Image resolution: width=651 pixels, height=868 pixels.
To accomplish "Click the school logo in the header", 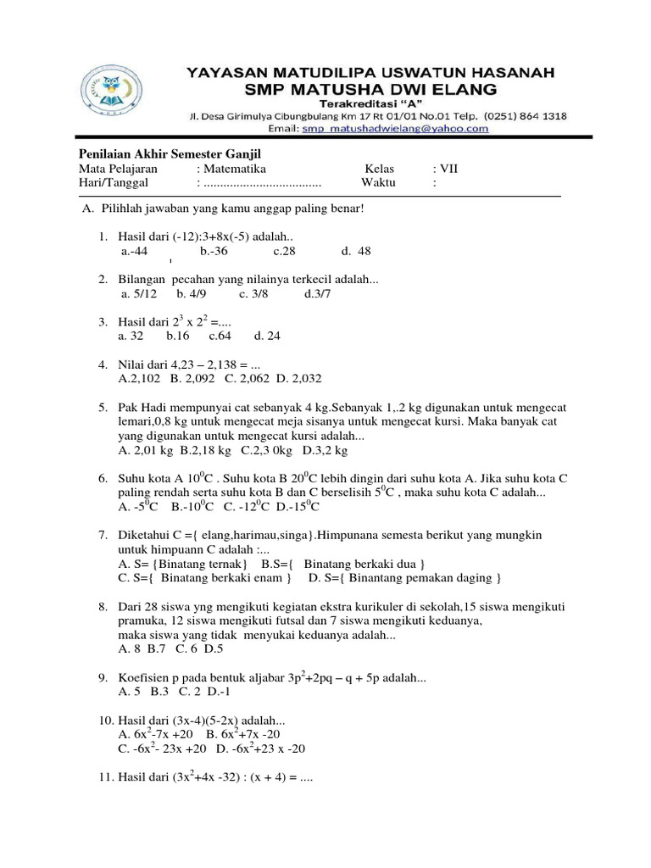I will click(105, 92).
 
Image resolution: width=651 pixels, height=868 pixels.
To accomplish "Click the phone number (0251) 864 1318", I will click(521, 115).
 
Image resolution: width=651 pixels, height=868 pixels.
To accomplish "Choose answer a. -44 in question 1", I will click(135, 252).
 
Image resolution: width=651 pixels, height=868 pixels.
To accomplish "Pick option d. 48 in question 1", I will click(356, 252).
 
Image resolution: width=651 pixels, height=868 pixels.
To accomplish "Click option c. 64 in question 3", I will click(220, 336).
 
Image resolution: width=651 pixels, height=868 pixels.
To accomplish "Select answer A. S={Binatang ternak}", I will click(183, 564).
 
